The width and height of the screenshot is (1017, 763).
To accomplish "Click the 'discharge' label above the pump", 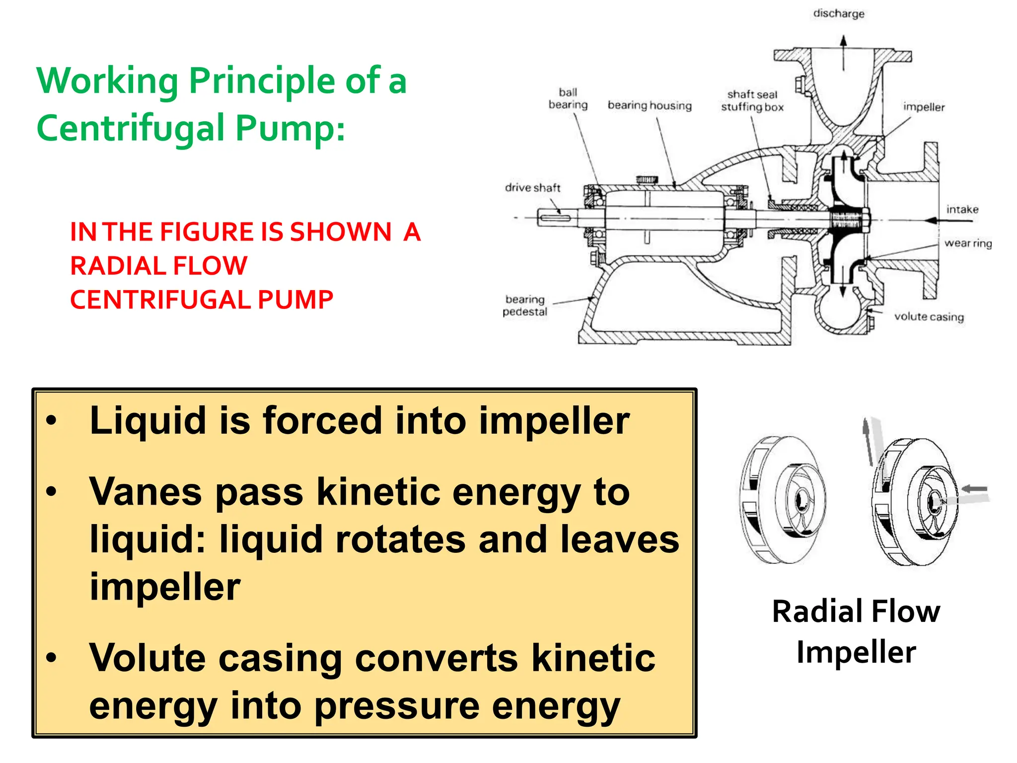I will tap(838, 13).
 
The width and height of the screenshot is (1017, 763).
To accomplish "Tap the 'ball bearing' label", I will tap(568, 98).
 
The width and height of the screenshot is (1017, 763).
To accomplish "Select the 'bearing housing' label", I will tap(649, 105).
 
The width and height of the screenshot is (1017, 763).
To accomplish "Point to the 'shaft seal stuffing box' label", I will tap(752, 100).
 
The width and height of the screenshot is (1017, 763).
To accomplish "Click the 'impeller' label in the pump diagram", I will tap(923, 107).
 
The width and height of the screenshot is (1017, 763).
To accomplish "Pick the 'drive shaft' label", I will tap(532, 187).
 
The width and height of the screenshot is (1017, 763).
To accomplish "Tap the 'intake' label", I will tap(962, 209).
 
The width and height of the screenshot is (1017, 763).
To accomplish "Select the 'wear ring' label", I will tap(967, 243).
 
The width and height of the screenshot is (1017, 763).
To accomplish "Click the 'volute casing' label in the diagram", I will tap(929, 316).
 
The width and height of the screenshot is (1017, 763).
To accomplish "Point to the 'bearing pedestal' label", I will tap(525, 305).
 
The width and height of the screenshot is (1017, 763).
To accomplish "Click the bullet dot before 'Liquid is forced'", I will tap(51, 421).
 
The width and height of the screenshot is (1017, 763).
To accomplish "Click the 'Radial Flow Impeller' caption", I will tap(856, 631).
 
